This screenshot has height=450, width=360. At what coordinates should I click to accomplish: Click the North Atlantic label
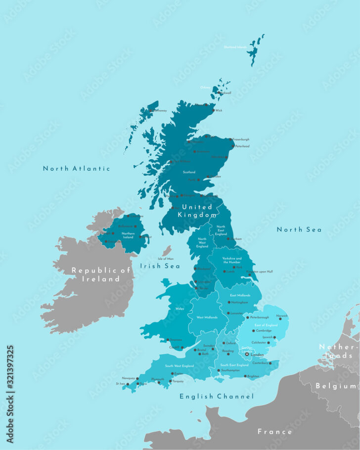coord(76,169)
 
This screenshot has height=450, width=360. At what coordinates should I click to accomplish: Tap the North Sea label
coord(299,229)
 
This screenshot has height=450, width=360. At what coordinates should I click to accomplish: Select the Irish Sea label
coord(160,266)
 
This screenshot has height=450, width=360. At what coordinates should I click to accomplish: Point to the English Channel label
coord(217,396)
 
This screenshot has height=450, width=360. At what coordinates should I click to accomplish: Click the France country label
coord(274,432)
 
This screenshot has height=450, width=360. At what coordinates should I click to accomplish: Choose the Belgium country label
coord(336,386)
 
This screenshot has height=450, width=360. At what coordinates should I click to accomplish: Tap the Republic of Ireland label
coord(100,274)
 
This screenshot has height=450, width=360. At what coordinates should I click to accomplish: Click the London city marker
coord(247,354)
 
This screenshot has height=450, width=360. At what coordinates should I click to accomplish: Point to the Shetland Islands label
coord(235,47)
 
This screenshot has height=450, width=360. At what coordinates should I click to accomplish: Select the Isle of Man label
coord(166,259)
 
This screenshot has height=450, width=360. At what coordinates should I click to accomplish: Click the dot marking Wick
coord(213,110)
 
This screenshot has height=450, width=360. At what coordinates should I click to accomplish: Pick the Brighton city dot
coord(245,376)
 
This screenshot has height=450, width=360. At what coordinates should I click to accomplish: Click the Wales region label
coord(180,308)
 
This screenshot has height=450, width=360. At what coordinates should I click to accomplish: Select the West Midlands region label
coord(206,317)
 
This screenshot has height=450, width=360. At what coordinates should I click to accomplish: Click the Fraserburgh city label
coord(241,139)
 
